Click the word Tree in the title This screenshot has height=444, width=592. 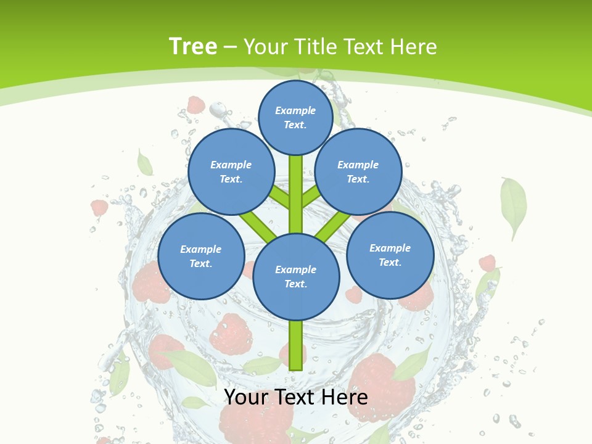(x=192, y=46)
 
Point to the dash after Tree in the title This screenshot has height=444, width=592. (x=230, y=47)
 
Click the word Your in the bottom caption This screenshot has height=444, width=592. (x=245, y=397)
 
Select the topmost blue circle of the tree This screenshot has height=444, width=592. (x=295, y=117)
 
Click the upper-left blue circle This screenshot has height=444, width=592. (x=231, y=171)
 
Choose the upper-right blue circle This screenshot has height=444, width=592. (x=358, y=171)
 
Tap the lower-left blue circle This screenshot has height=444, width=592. (x=200, y=256)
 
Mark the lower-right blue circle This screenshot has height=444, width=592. (x=390, y=255)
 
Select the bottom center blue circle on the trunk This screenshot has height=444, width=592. (x=296, y=276)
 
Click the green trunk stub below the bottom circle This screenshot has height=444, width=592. (x=296, y=345)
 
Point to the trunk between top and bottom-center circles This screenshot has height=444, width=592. (x=296, y=194)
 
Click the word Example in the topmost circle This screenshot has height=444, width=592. (x=295, y=110)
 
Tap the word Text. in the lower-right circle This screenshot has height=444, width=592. (x=390, y=262)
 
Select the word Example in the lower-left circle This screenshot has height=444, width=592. (x=200, y=249)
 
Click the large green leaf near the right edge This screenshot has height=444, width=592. (x=513, y=207)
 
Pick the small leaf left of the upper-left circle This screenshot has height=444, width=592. (x=144, y=163)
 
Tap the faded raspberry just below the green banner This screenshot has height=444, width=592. (x=195, y=105)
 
